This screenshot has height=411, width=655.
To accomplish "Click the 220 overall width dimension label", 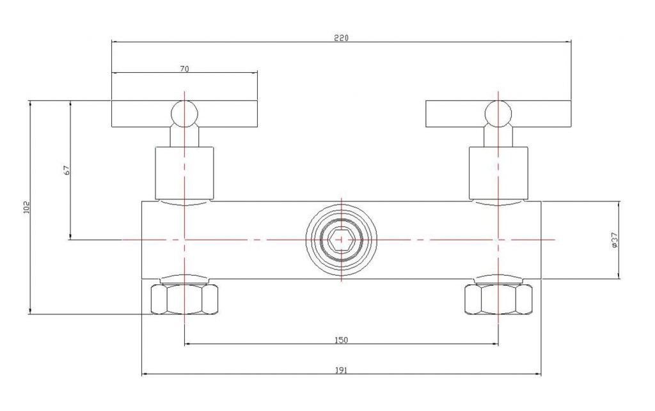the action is point(341,38).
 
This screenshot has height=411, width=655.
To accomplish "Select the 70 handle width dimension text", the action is point(184,69).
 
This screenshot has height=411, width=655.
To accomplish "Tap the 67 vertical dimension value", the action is point(67,170).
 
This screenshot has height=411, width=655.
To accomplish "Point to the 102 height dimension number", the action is point(27,207).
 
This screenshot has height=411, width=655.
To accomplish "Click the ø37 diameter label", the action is point(615,241).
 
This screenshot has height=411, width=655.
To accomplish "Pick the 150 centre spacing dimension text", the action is point(341,340).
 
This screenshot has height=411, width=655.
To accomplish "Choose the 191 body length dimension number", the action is point(341,370).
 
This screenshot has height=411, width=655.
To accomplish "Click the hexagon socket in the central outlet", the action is point(341,240).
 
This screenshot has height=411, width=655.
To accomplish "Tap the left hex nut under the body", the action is point(184,299).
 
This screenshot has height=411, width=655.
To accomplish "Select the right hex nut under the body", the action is point(498,299).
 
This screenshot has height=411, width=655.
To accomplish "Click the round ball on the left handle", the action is point(184,114).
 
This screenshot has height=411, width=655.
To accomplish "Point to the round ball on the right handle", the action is point(498,114).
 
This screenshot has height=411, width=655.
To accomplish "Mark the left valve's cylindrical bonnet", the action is point(184,173).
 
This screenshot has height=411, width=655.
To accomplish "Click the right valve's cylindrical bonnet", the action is point(498,173).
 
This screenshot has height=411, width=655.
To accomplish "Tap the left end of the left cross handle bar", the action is point(112,114).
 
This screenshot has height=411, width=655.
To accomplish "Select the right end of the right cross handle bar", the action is point(571,114).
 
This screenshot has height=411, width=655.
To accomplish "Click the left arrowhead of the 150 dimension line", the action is point(187,345).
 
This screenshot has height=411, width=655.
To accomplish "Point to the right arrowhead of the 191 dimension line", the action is point(538,375).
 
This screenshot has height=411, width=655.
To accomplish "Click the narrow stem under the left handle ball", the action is point(184,137).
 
